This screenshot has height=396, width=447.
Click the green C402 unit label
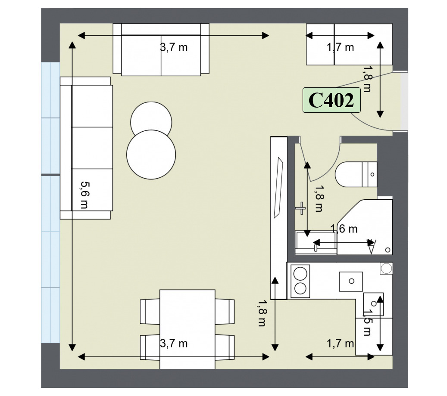pyautogui.click(x=331, y=100)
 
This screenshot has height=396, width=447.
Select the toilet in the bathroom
pyautogui.click(x=356, y=174)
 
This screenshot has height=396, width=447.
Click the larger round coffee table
pyautogui.click(x=151, y=155)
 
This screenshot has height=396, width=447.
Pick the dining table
pyautogui.click(x=188, y=329)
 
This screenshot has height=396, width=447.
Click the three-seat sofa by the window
pyautogui.click(x=86, y=148)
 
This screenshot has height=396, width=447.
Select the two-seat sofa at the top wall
pyautogui.click(x=161, y=49)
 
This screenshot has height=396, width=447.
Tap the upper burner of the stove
pyautogui.click(x=300, y=274)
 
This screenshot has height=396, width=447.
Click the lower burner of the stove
pyautogui.click(x=300, y=288)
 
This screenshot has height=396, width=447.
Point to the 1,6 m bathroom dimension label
pyautogui.click(x=344, y=229)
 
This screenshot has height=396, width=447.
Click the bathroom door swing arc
pyautogui.click(x=330, y=167)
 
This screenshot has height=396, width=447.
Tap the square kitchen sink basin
pyautogui.click(x=351, y=281)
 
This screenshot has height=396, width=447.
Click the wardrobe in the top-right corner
pyautogui.click(x=349, y=44)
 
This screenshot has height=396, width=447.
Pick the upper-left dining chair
pyautogui.click(x=150, y=311)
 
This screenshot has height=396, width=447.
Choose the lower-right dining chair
pyautogui.click(x=225, y=347)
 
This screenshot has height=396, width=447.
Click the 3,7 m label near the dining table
pyautogui.click(x=174, y=343)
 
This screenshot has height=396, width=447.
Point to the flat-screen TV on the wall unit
pyautogui.click(x=278, y=188)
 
